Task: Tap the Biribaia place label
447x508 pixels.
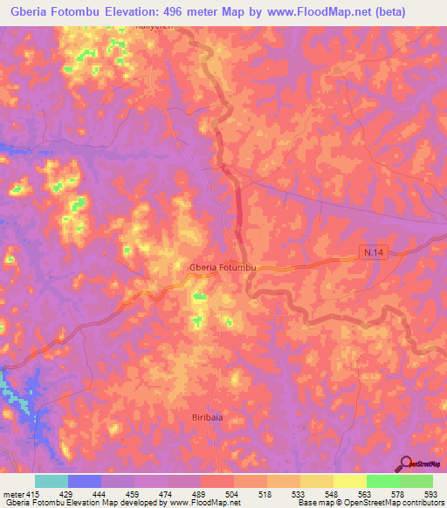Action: point(210,418)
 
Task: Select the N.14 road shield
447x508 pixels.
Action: point(372,252)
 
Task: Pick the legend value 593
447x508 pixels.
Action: point(431,493)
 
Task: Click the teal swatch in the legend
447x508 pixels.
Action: point(51,481)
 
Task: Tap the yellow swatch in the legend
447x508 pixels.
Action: point(349,481)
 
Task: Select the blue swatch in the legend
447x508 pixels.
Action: point(84,481)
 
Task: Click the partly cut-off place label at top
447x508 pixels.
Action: point(155,27)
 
